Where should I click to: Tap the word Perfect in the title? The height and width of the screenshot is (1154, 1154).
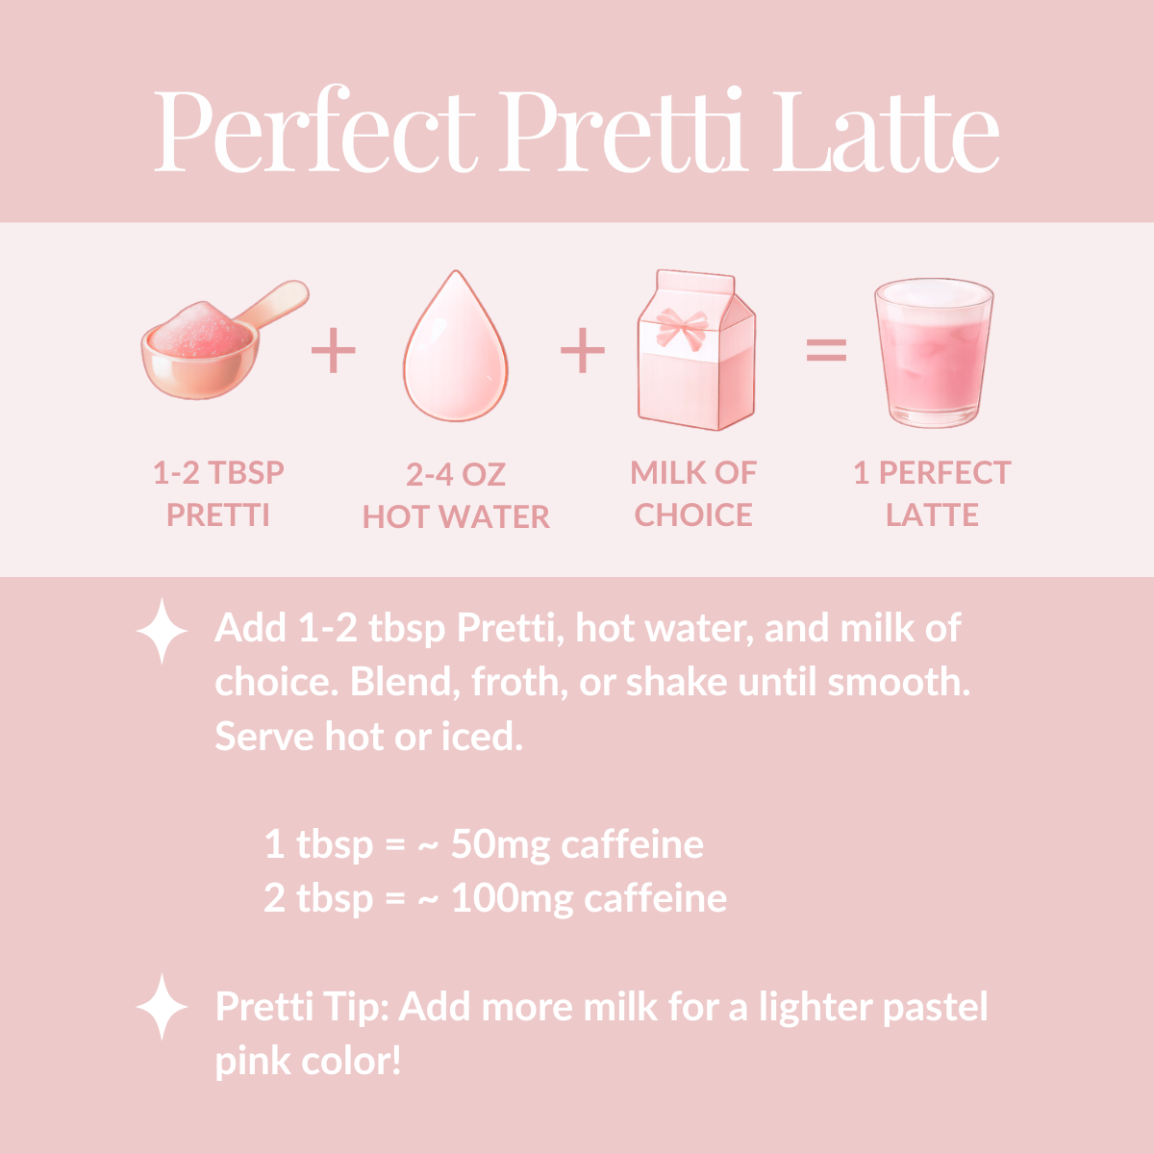[x=315, y=133]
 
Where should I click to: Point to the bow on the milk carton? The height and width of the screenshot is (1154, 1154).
[x=683, y=327]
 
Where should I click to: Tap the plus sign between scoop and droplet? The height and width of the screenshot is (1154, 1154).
[x=334, y=350]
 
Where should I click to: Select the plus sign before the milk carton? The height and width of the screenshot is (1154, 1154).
[x=583, y=350]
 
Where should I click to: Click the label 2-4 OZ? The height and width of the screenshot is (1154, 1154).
[x=456, y=474]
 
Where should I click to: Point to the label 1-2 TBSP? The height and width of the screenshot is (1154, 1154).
[x=219, y=473]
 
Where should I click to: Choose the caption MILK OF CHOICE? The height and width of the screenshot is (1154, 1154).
[x=693, y=493]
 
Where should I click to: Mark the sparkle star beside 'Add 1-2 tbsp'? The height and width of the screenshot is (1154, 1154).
[x=163, y=631]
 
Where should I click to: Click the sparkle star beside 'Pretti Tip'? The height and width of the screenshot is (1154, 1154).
[x=163, y=1007]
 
